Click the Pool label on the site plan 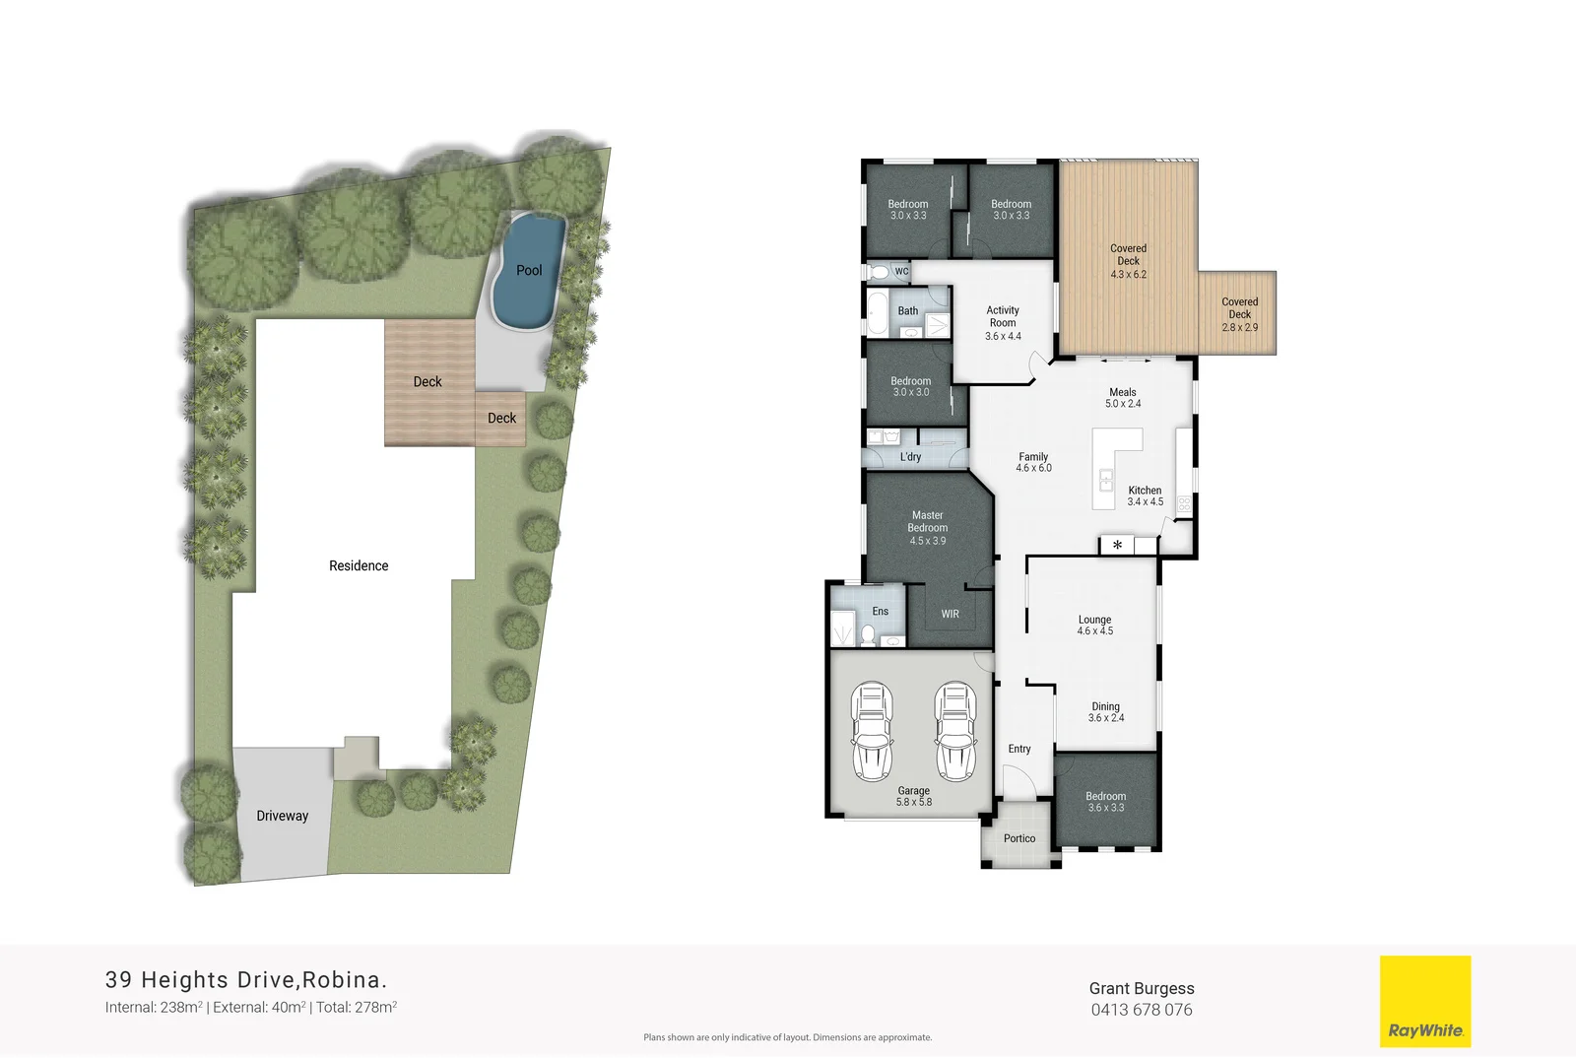[529, 270]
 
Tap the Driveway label [283, 816]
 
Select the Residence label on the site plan [359, 565]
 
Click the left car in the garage [872, 731]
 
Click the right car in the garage [955, 731]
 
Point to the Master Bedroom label [927, 527]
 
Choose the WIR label [950, 614]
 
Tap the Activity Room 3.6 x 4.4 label [1003, 323]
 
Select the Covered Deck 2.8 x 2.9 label [1239, 314]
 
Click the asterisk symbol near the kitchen [1117, 545]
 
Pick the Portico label [1019, 838]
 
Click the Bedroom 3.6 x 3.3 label [1105, 802]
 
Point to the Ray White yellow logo [1424, 1001]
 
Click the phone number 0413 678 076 [1141, 1010]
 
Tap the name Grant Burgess [1141, 988]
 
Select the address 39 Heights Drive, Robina [246, 979]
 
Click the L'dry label [910, 457]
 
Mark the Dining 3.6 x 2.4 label [1105, 712]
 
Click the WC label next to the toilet [901, 271]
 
